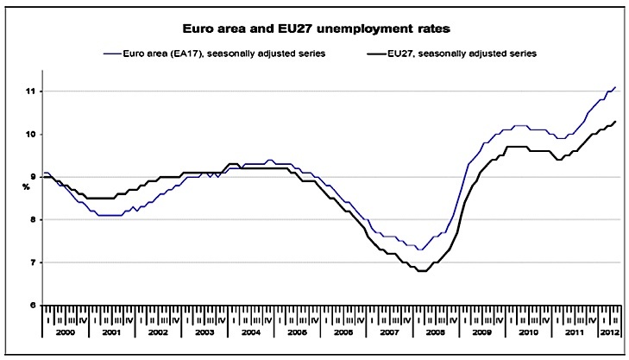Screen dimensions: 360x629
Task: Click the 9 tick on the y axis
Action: (x=31, y=176)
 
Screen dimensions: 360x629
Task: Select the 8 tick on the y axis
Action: (x=31, y=219)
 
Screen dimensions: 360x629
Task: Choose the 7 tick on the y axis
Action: (x=31, y=262)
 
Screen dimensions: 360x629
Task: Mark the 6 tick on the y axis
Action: (x=31, y=305)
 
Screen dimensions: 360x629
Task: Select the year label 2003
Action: (x=204, y=332)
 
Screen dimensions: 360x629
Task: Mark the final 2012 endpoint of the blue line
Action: (x=614, y=87)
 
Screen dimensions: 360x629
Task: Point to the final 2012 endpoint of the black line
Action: (x=614, y=122)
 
